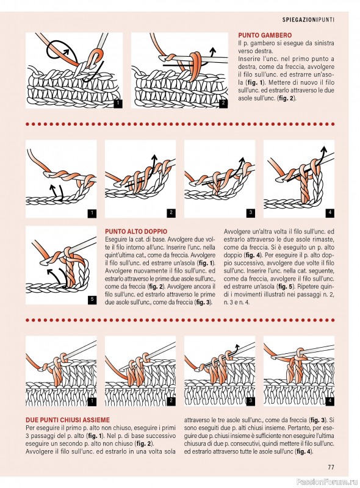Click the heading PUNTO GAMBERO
point(265,35)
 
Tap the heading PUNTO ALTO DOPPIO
point(136,232)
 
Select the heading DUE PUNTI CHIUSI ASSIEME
point(68,420)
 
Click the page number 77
point(331,467)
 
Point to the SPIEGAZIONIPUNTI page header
point(308,20)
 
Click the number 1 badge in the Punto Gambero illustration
point(118,104)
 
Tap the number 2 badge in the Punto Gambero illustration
point(223,104)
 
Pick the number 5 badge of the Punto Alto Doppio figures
point(92,300)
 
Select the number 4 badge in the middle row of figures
point(330,213)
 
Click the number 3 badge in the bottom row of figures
point(251,401)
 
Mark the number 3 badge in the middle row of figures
point(251,213)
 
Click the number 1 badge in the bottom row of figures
point(92,401)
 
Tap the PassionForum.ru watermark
point(328,482)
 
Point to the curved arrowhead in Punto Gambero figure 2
point(213,50)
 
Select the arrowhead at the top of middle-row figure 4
point(324,149)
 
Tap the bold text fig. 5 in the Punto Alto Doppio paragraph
point(284,286)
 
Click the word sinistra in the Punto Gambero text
point(324,43)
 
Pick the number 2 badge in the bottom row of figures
point(171,401)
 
